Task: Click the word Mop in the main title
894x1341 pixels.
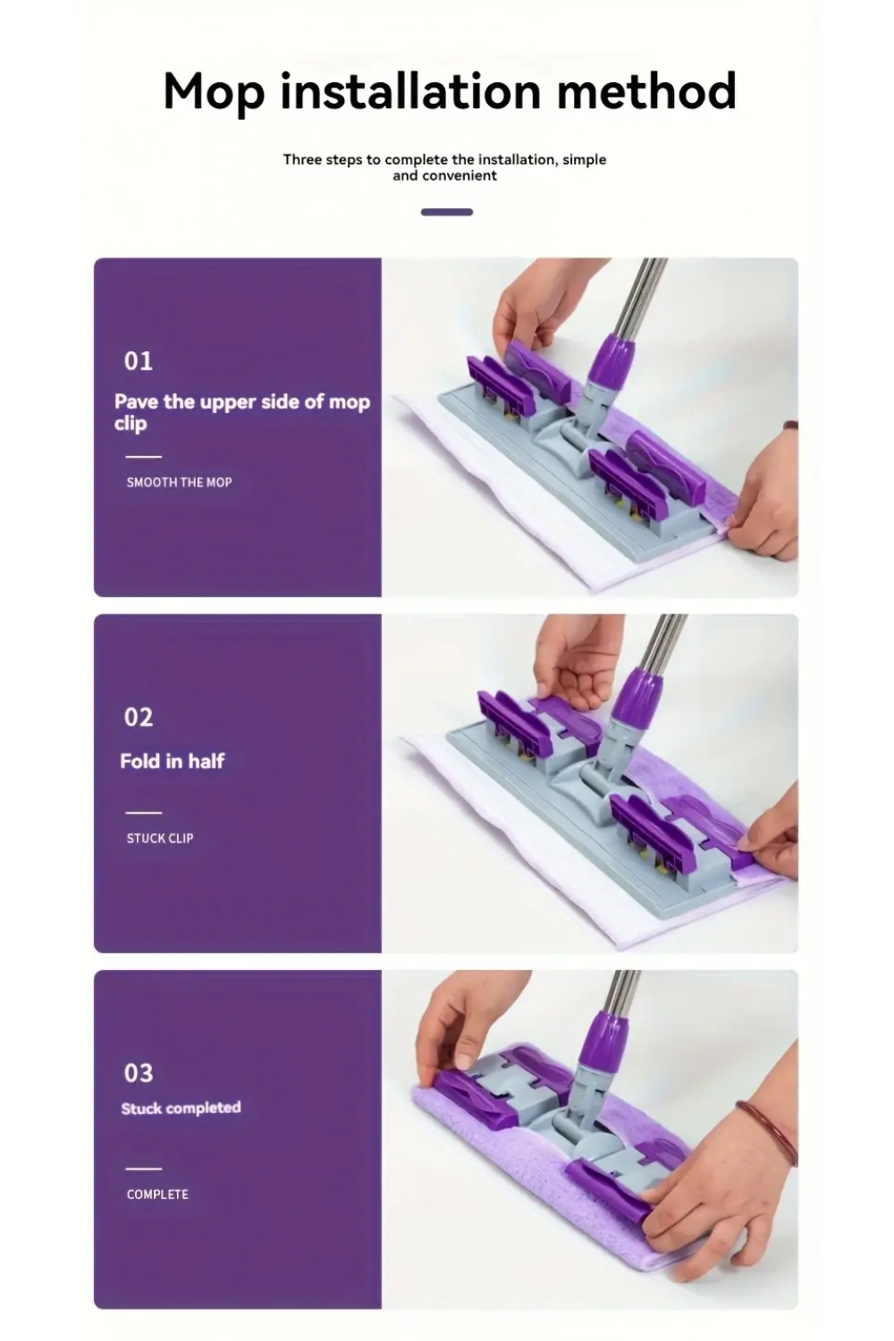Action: pos(214,91)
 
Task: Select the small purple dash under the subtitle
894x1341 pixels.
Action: pos(447,212)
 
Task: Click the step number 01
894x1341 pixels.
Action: pos(139,361)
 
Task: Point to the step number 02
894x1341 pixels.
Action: pos(139,717)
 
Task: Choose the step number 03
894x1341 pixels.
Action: pos(139,1074)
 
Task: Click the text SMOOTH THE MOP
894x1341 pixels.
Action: pos(179,483)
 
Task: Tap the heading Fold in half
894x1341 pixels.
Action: pos(173,761)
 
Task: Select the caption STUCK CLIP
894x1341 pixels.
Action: pos(160,839)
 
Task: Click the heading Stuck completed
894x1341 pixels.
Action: pos(181,1109)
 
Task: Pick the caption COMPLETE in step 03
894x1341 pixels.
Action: pos(157,1194)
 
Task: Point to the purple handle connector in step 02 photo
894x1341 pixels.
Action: pos(637,698)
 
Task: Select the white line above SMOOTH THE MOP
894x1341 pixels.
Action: pos(144,457)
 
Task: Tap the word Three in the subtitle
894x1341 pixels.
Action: pos(302,160)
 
